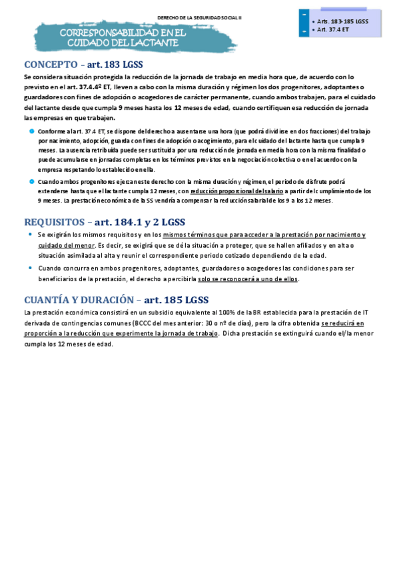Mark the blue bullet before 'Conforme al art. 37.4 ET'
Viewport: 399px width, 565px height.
(31, 131)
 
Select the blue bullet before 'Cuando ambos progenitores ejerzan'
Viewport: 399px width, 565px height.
(31, 181)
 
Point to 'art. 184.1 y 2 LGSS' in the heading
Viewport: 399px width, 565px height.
(141, 222)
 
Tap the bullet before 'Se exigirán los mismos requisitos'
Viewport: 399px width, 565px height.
(31, 235)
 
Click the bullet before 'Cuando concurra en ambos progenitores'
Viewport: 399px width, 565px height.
(31, 267)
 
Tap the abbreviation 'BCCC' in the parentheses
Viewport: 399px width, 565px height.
(142, 322)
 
